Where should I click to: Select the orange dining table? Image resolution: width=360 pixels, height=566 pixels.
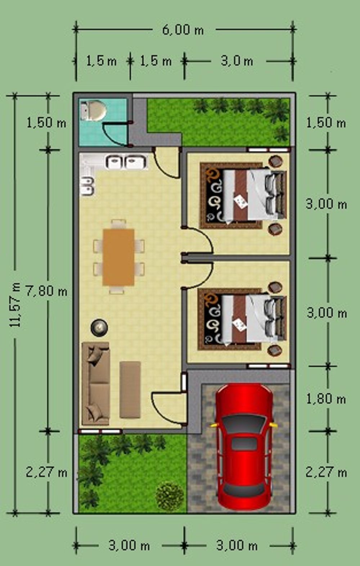118,257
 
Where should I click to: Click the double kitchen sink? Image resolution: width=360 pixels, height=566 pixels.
126,162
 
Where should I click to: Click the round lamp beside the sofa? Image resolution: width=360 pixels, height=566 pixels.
99,327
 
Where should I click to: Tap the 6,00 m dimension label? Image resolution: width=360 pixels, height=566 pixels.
183,30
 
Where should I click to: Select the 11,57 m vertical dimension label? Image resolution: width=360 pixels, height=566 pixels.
15,305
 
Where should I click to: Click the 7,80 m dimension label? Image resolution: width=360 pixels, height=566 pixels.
46,291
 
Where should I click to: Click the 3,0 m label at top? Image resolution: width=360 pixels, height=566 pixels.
237,61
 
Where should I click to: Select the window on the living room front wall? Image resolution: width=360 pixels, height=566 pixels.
100,431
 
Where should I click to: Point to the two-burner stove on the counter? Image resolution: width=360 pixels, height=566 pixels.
87,186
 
